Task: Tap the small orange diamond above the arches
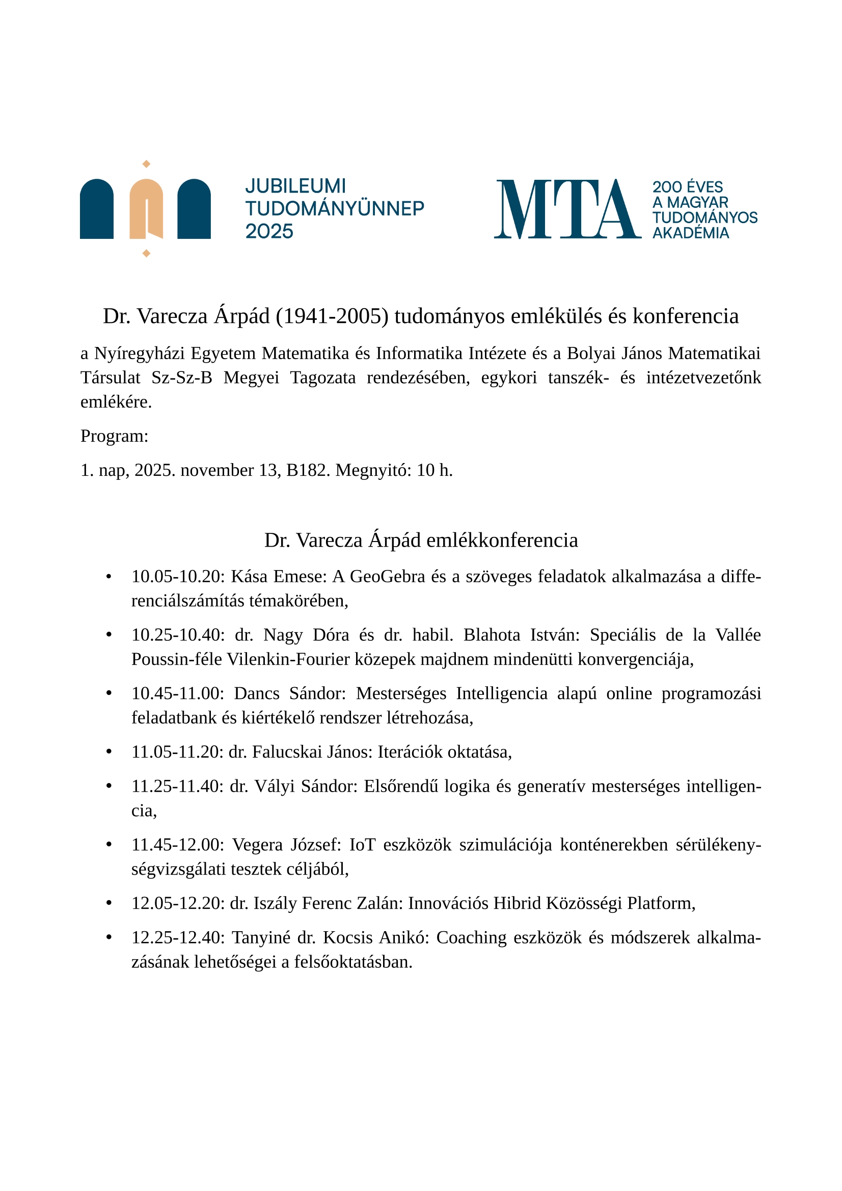point(146,164)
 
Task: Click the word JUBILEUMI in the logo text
point(295,186)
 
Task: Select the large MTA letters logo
point(567,209)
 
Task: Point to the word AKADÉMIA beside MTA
point(691,233)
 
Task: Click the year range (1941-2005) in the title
point(332,316)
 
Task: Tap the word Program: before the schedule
point(114,436)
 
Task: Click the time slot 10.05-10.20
point(177,576)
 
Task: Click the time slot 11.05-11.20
point(177,752)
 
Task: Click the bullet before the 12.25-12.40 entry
point(108,938)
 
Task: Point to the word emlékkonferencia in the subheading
point(502,540)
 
